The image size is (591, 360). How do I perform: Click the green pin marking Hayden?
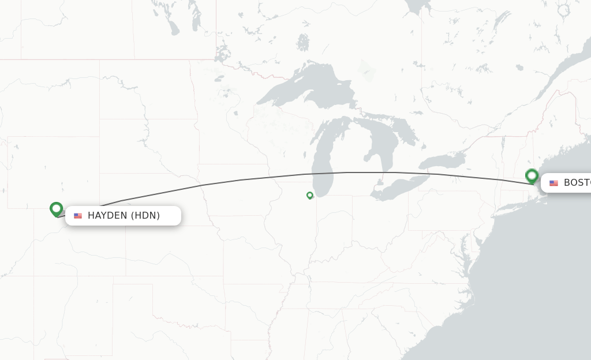point(56,208)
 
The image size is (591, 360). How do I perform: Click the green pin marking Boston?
point(532,175)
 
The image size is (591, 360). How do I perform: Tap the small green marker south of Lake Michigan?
point(310,196)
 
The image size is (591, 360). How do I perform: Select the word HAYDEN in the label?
point(107,216)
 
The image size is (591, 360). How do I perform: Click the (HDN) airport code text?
point(145,216)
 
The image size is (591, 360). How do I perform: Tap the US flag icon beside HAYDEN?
point(78,216)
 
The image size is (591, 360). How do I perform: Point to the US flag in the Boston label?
point(553,183)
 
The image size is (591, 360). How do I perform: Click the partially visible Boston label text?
point(577,183)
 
